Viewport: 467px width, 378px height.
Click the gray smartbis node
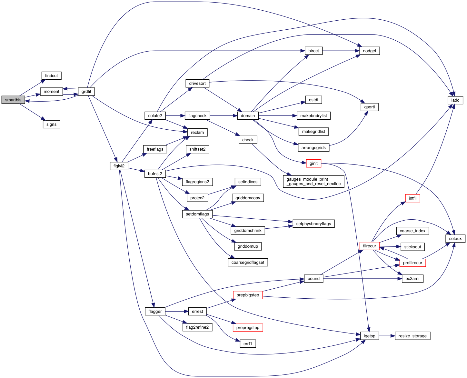point(13,100)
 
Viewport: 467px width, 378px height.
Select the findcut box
point(51,76)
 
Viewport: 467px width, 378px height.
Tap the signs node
point(51,124)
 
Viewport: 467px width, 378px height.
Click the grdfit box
point(86,92)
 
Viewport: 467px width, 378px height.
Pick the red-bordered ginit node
point(313,164)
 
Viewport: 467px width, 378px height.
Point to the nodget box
point(369,51)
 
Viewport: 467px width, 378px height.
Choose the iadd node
point(455,100)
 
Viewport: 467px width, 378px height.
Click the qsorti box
point(369,107)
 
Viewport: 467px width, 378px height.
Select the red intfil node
point(412,198)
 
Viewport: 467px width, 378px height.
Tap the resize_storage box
point(412,336)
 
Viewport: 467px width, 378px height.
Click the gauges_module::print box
point(313,182)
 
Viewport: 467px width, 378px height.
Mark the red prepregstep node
point(248,328)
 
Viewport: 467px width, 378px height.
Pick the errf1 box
point(248,344)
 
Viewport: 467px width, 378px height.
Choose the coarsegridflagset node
point(248,263)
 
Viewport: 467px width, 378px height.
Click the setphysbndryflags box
point(313,224)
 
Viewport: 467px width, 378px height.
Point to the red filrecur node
point(369,246)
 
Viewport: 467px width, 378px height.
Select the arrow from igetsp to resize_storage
point(387,336)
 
